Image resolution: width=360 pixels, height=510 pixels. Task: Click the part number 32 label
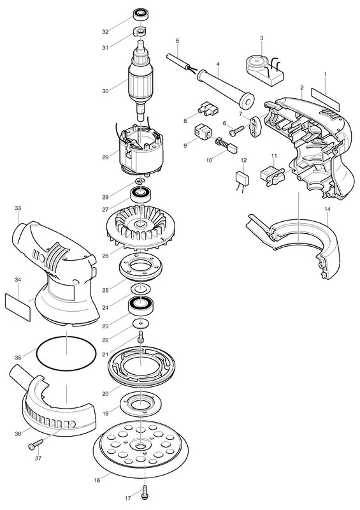tap(105, 31)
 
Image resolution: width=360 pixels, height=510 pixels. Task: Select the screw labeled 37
tap(36, 444)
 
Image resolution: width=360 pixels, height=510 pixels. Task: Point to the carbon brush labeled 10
tap(226, 145)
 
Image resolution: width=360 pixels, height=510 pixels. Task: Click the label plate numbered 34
tap(18, 307)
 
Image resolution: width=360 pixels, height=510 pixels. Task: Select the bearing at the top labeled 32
tap(140, 15)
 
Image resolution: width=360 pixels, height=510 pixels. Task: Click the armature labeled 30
tap(140, 82)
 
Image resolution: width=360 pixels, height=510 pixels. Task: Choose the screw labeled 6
tap(236, 131)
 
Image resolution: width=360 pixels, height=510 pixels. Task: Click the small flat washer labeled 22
tap(141, 324)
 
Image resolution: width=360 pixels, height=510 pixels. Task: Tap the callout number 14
tap(327, 209)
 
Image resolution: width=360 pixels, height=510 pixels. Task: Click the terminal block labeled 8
tap(208, 108)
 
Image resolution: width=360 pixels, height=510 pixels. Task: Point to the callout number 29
tap(105, 157)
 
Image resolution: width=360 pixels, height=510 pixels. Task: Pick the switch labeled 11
tap(273, 175)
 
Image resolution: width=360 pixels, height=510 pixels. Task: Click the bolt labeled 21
tap(141, 337)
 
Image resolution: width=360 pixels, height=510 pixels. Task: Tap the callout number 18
tap(97, 480)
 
